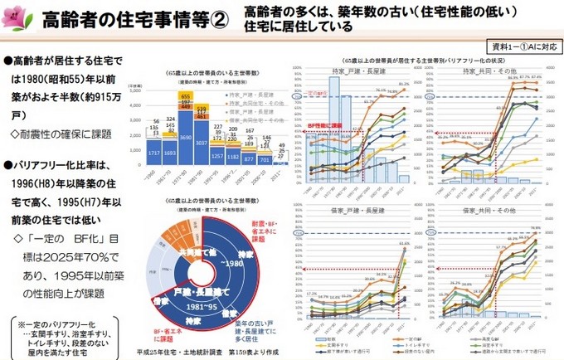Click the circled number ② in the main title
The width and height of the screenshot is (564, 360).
point(217,19)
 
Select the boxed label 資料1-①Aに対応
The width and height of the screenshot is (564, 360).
point(523,46)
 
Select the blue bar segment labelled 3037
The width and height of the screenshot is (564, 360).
point(202,142)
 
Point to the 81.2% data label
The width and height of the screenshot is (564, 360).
point(404,84)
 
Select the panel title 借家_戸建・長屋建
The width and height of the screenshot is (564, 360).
point(353,212)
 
